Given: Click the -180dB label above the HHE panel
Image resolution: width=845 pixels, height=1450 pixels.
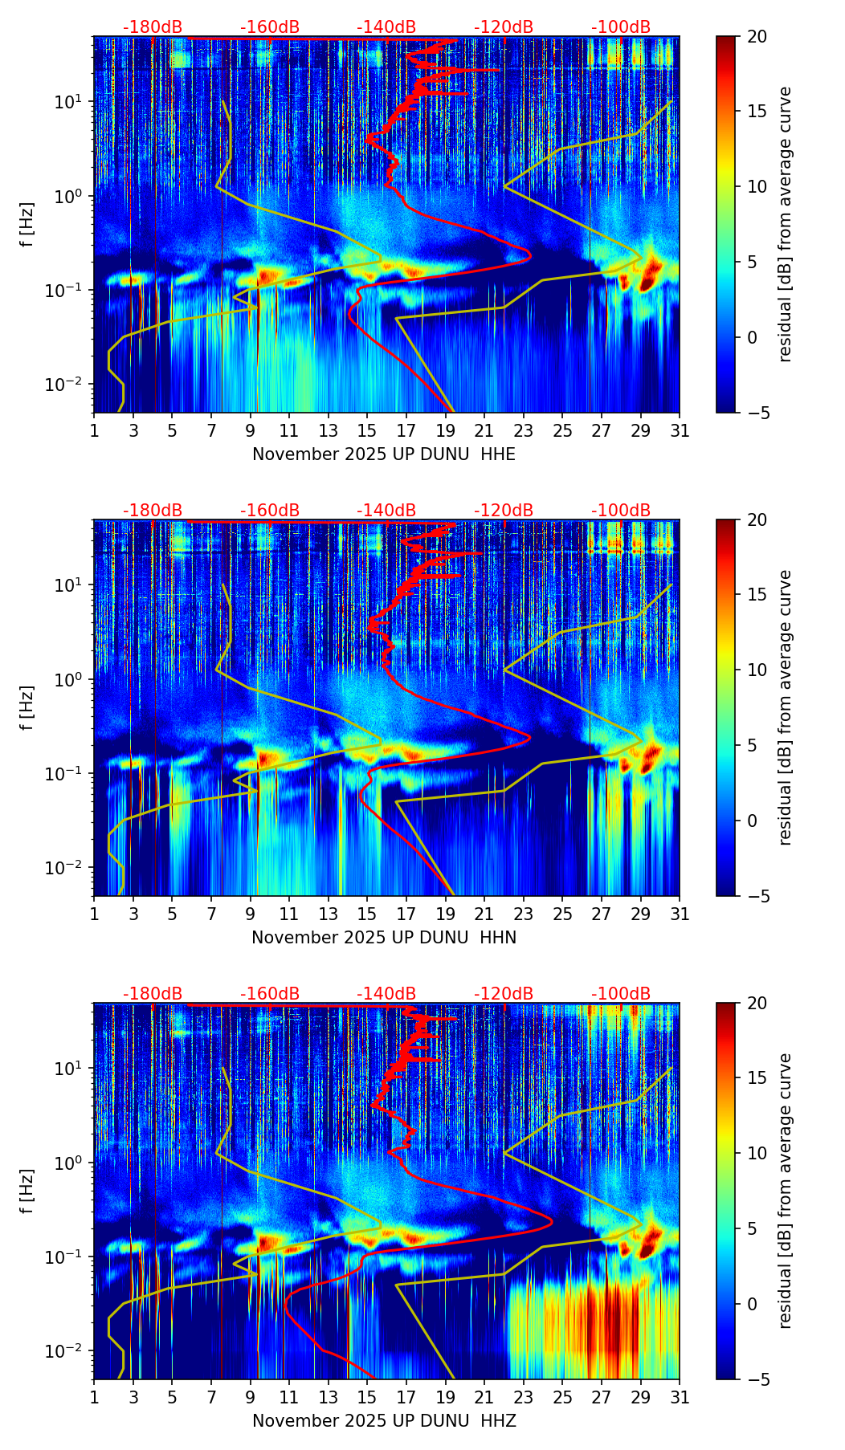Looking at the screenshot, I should [153, 27].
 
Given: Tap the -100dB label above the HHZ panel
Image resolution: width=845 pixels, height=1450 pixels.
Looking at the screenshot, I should [621, 994].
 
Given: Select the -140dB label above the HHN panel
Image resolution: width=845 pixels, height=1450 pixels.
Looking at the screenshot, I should [386, 511].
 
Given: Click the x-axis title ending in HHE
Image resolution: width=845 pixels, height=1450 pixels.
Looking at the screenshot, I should [384, 454].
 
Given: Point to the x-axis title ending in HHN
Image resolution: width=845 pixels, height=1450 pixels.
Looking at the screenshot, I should [384, 938].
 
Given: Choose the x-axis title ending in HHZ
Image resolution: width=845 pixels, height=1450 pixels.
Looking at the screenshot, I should [384, 1421].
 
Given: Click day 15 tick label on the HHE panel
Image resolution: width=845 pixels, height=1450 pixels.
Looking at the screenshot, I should [367, 431].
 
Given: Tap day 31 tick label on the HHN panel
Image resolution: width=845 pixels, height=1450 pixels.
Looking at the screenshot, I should [680, 914].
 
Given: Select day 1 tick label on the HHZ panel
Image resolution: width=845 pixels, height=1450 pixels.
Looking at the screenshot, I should [95, 1398].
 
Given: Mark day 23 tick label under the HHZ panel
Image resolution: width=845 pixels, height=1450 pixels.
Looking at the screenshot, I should [524, 1398].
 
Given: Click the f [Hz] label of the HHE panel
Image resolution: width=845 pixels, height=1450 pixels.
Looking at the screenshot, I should [27, 224].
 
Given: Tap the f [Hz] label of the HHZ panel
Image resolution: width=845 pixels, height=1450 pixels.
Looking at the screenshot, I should [27, 1191].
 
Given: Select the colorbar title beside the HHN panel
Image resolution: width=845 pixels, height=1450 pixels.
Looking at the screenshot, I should [786, 707].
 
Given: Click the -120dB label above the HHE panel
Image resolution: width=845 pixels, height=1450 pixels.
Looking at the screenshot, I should [504, 27].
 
